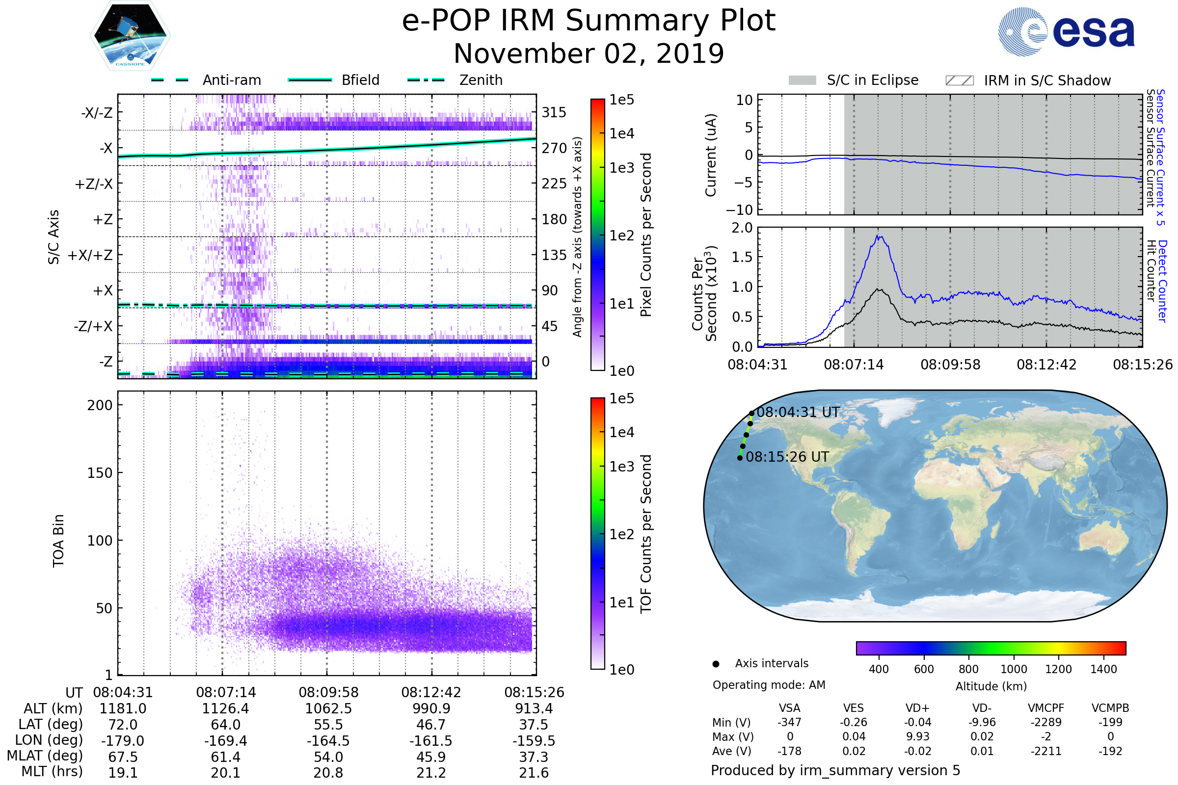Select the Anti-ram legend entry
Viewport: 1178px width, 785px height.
(x=231, y=80)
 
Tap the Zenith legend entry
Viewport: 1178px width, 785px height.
(x=481, y=80)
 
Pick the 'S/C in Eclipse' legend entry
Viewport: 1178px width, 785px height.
(x=872, y=80)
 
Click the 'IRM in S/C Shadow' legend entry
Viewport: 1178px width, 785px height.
(x=1047, y=80)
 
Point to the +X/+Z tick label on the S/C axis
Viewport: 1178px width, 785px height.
(x=90, y=255)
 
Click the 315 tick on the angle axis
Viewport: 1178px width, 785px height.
(x=554, y=112)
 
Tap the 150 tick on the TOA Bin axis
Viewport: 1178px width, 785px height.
(x=100, y=473)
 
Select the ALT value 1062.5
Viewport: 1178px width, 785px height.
(x=328, y=709)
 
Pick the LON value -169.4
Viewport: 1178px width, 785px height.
(x=225, y=741)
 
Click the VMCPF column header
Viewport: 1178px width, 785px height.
(x=1046, y=708)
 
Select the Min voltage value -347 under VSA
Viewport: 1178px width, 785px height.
(x=789, y=722)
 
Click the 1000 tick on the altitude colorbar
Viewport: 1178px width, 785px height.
(x=1014, y=669)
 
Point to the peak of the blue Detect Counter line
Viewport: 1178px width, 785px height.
(x=878, y=236)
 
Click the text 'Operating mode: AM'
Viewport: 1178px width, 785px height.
(x=769, y=685)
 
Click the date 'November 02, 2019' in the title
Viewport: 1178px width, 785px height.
(x=589, y=53)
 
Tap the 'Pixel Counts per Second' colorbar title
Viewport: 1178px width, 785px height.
(x=646, y=235)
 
